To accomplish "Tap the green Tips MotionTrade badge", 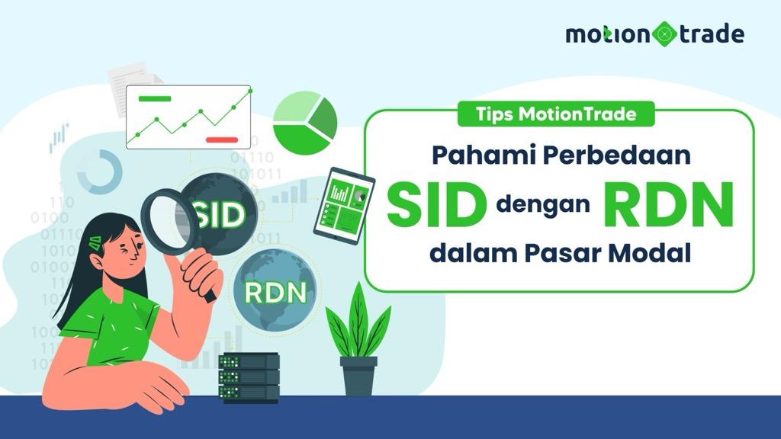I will (x=556, y=115).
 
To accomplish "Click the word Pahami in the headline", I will (x=479, y=155).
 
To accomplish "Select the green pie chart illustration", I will (x=304, y=121).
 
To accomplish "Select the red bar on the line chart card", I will (x=223, y=139).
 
